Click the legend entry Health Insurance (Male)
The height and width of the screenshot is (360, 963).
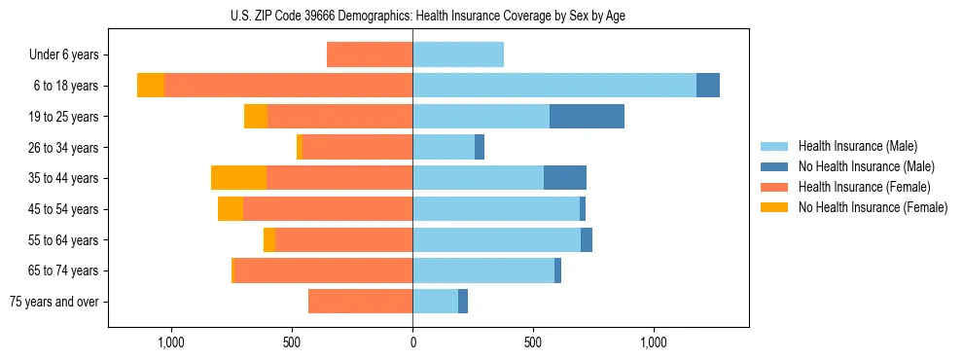pyautogui.click(x=857, y=146)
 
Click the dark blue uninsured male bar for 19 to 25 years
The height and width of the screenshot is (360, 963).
pyautogui.click(x=587, y=117)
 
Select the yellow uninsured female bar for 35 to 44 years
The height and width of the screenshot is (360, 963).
pyautogui.click(x=238, y=178)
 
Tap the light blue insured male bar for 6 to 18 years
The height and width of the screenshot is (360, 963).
pyautogui.click(x=554, y=86)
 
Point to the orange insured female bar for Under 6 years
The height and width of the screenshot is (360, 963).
pyautogui.click(x=370, y=54)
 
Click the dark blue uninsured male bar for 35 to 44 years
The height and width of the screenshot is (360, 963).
pyautogui.click(x=564, y=178)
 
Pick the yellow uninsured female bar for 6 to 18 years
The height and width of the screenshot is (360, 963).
pyautogui.click(x=151, y=86)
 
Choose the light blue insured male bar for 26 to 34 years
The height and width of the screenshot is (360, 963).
pyautogui.click(x=444, y=147)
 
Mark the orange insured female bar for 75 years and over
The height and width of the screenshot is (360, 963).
pyautogui.click(x=360, y=302)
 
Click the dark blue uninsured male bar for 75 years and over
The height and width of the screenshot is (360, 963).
pyautogui.click(x=463, y=302)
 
